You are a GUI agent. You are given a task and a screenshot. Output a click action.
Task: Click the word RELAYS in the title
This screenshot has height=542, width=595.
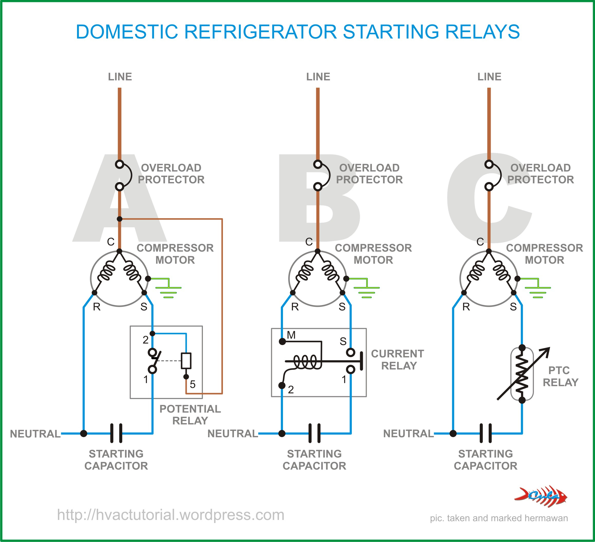click(482, 32)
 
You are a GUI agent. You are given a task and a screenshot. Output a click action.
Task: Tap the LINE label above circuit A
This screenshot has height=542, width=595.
click(120, 77)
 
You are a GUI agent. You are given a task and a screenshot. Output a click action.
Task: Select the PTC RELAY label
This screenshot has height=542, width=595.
click(560, 376)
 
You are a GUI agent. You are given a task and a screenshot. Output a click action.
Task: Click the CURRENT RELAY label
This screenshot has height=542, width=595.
click(398, 359)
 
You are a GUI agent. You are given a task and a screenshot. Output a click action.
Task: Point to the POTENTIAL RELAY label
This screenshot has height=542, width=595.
click(190, 415)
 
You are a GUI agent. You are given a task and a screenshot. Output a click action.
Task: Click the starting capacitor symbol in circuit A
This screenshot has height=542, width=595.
click(116, 433)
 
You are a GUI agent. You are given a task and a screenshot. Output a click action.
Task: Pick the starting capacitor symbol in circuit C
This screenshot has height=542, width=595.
click(486, 433)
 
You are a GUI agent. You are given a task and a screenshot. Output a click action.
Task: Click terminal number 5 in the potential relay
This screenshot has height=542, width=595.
click(192, 384)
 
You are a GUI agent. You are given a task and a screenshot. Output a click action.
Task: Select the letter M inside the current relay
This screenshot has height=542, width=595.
click(291, 335)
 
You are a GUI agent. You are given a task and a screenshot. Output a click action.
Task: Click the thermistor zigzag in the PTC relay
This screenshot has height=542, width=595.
click(522, 374)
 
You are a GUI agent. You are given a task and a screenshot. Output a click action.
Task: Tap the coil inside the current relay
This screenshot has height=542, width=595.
click(307, 362)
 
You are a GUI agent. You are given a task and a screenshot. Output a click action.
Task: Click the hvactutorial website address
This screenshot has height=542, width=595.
click(171, 515)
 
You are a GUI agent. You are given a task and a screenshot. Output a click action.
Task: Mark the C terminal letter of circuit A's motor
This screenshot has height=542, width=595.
click(111, 242)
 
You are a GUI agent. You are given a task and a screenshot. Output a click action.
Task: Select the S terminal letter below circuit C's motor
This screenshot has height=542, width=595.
click(513, 307)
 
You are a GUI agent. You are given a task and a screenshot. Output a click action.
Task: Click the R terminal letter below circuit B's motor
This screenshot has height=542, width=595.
click(295, 307)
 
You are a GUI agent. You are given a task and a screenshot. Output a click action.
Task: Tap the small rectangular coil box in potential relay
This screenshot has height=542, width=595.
click(186, 360)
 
